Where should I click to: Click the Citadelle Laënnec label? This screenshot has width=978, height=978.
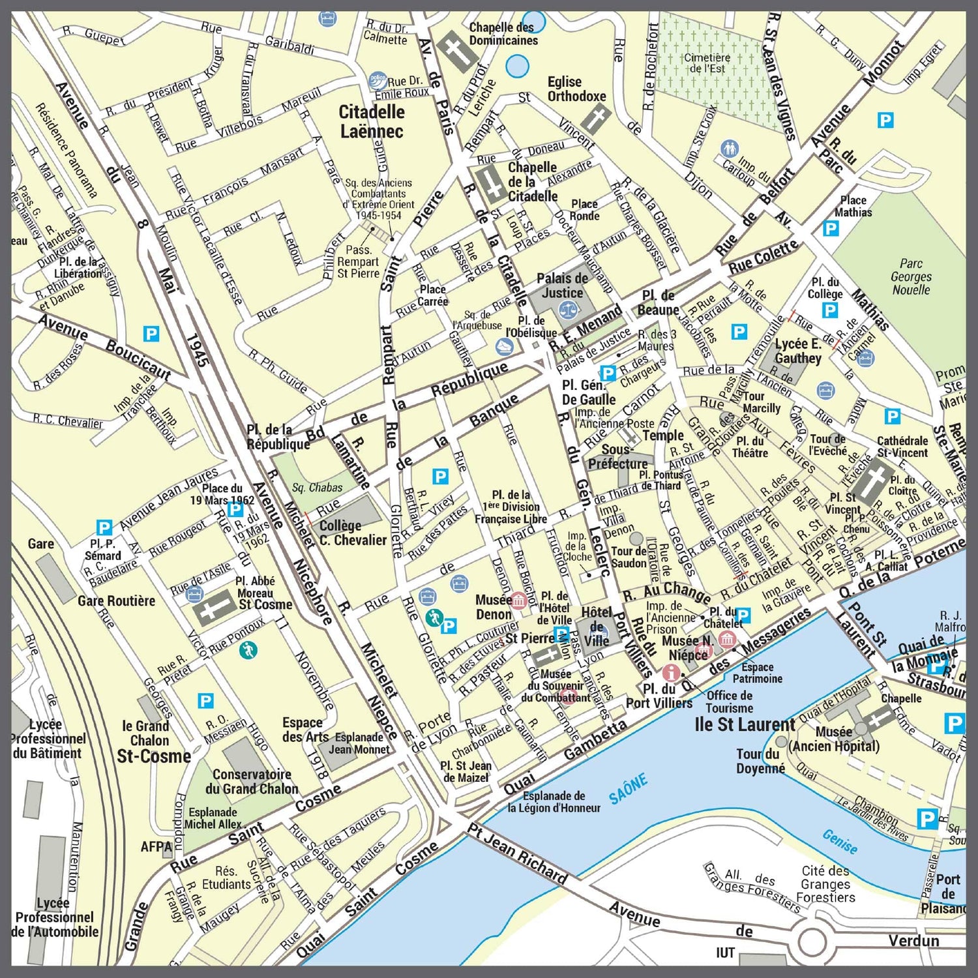372,121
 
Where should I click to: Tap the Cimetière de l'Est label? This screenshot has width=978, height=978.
707,63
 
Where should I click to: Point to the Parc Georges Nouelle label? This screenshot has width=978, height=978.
911,276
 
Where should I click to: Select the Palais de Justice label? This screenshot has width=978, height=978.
562,286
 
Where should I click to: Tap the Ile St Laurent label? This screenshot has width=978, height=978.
745,724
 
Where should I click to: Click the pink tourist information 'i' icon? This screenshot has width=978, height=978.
671,672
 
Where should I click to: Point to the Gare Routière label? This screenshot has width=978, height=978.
117,600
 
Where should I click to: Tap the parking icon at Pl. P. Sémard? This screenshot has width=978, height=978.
104,527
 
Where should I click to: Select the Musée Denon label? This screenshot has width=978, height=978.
494,606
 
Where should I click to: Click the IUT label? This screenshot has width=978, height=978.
725,953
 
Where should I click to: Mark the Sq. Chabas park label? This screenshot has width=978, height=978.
317,487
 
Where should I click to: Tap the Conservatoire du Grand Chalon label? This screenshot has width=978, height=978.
252,781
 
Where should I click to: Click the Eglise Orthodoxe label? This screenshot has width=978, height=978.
576,89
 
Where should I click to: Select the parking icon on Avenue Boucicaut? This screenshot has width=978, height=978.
151,334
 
